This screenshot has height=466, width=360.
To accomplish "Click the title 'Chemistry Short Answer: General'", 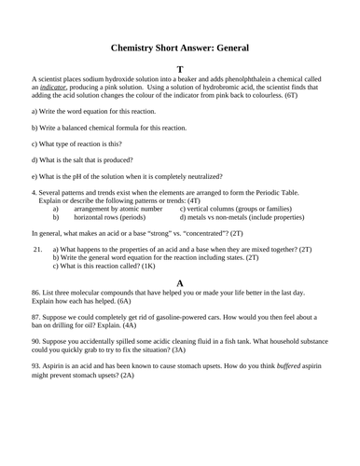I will (180, 47).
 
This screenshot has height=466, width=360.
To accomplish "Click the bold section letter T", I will (180, 70).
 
